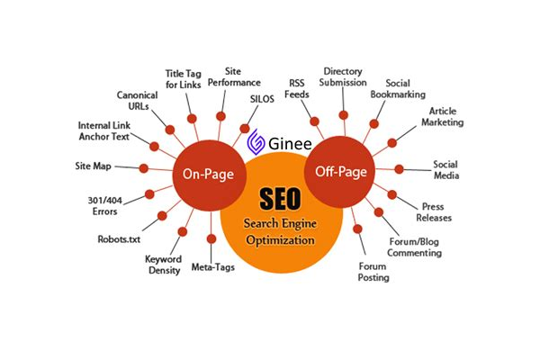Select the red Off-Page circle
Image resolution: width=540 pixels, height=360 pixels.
click(338, 170)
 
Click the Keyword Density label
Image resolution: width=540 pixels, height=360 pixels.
click(163, 264)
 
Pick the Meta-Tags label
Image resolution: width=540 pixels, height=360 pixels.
click(212, 266)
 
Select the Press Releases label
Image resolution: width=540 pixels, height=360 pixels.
click(436, 212)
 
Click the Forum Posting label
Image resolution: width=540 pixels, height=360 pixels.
click(373, 272)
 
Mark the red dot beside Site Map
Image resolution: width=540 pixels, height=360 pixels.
click(144, 167)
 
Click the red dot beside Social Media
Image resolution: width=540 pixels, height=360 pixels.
click(400, 169)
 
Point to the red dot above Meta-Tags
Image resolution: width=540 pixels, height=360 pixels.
click(211, 238)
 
